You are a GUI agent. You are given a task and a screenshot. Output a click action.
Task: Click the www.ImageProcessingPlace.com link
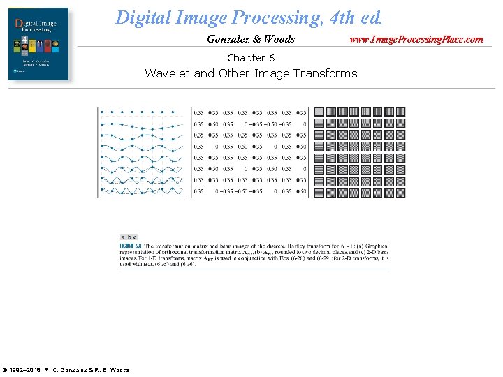coord(416,39)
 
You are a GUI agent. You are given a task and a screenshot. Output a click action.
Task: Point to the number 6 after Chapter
coord(271,58)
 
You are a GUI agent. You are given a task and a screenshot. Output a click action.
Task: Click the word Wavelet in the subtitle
coord(167,73)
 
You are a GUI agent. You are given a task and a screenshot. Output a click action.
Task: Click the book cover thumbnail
coord(38,44)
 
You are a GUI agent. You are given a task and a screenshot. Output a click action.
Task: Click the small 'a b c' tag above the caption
coord(129,237)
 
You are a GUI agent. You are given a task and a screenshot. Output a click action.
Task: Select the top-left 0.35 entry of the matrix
coord(198,112)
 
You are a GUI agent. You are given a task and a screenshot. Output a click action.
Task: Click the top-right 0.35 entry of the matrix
coord(301,112)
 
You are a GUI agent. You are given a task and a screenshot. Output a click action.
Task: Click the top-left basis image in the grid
coord(319,112)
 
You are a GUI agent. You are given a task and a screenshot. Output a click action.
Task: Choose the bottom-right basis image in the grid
coord(400,192)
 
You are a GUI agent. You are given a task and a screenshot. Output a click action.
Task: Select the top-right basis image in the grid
coord(400,112)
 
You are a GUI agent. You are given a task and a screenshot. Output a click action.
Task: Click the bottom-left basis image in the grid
coord(319,192)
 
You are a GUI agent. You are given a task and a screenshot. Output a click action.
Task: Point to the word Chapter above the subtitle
coord(245,58)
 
